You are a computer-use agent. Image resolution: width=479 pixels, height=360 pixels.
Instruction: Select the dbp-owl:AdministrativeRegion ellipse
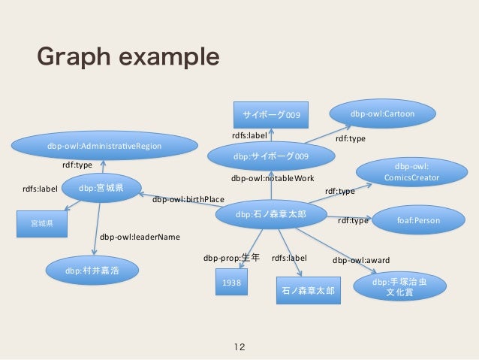coord(104,146)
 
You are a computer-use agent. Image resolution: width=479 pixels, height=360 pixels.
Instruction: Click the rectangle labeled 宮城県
coord(42,223)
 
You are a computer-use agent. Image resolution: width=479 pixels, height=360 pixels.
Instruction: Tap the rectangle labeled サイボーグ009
coord(271,115)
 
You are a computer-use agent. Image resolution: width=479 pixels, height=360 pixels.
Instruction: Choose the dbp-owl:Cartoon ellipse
coord(382,113)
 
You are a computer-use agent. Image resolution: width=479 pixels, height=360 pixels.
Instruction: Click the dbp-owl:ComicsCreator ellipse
coord(411,172)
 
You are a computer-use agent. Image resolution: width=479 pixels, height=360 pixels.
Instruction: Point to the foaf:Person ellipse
coord(417,221)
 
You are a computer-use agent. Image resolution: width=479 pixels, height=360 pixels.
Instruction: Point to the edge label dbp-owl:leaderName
coord(140,237)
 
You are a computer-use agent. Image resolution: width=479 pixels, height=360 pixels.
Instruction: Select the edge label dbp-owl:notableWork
coord(273,179)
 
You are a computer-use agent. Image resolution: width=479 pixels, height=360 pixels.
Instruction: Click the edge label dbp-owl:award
coord(361,261)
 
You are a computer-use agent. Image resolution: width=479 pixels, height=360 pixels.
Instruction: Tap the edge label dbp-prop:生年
coord(231,258)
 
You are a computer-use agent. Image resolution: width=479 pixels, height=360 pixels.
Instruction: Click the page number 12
coord(239,347)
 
